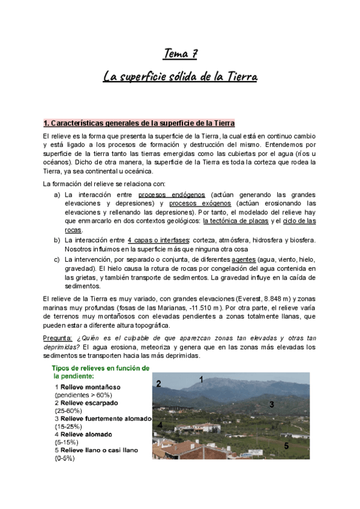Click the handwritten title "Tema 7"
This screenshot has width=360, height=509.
180,55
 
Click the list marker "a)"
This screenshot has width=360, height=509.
57,195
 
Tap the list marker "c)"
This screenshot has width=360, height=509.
57,259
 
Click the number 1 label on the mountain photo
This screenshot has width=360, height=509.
201,379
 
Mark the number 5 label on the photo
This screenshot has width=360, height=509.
286,445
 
